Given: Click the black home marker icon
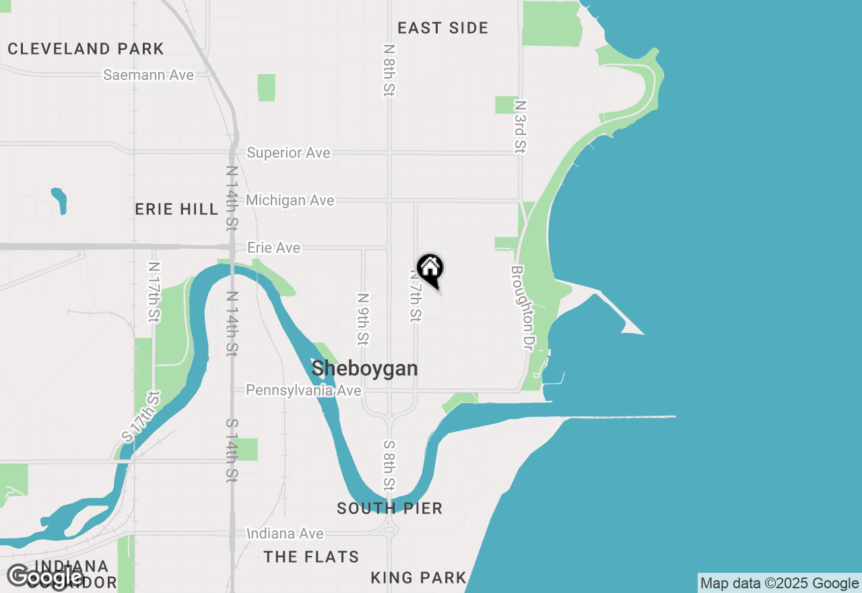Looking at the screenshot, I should (x=430, y=270).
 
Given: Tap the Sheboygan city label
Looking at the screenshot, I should (x=364, y=369).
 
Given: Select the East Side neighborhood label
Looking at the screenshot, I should (x=442, y=28).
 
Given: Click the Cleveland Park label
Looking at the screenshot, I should (x=86, y=49).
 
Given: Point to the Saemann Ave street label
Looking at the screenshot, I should (x=148, y=75).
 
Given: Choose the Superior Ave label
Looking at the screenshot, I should (x=288, y=153).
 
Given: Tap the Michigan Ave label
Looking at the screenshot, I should (x=290, y=200).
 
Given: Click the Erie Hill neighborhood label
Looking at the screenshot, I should (x=176, y=209).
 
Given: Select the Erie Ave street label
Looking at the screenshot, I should (x=273, y=248).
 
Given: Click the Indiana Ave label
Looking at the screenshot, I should (x=285, y=534).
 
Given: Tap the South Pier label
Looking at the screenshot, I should (x=389, y=508).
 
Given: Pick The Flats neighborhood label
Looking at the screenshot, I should (x=311, y=557).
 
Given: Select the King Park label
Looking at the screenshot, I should (x=418, y=578).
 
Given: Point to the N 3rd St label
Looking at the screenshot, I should (x=519, y=127).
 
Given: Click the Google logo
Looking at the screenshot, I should (x=44, y=577).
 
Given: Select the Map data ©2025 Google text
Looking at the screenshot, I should (x=779, y=584).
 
